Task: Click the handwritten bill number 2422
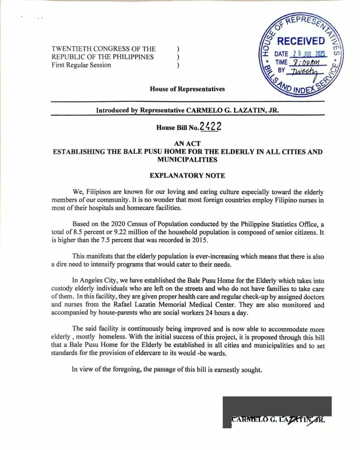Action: click(x=210, y=127)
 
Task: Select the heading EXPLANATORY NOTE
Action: click(x=187, y=176)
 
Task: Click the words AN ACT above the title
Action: click(x=187, y=144)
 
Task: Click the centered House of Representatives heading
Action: click(x=187, y=89)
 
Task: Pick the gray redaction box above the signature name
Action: click(x=276, y=406)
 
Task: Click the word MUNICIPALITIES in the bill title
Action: click(x=187, y=160)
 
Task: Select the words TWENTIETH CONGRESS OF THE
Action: click(x=103, y=49)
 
